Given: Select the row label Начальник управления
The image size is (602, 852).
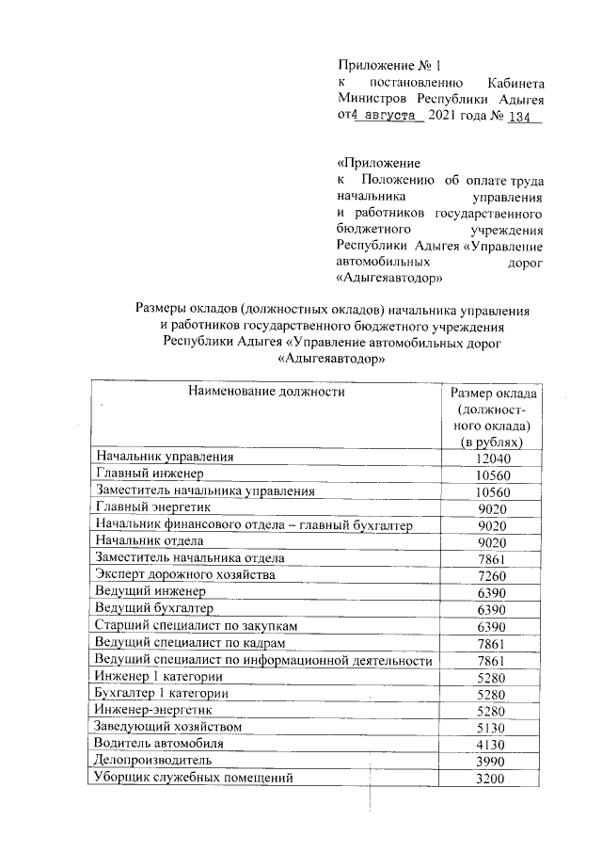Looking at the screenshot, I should click(x=165, y=457).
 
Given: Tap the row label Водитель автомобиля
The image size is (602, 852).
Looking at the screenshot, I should click(x=160, y=744).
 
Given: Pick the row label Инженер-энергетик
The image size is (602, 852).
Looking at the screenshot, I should click(x=154, y=710).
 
